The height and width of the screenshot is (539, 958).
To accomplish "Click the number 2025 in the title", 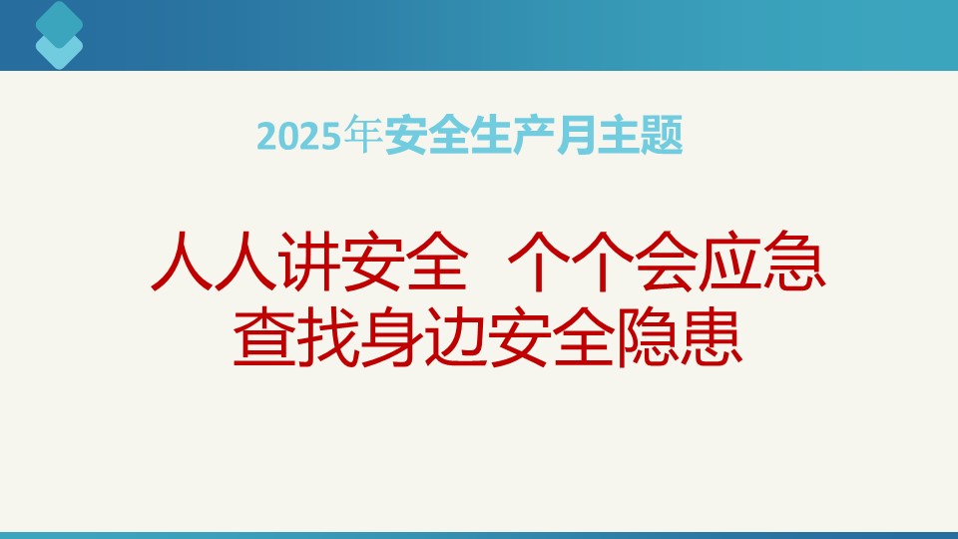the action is [298, 136].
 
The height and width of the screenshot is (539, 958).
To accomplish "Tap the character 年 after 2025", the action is [362, 134].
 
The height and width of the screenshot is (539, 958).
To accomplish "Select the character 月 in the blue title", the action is [575, 135].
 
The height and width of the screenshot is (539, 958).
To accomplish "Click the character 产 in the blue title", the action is [533, 135].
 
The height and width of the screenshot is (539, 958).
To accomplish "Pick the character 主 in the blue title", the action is [618, 135].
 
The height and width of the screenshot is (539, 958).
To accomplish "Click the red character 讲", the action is [309, 261].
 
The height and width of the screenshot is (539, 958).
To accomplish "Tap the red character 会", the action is [666, 261].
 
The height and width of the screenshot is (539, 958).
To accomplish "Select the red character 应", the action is [730, 261].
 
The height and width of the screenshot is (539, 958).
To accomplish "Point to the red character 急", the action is [794, 261].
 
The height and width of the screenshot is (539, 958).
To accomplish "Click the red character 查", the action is [264, 337].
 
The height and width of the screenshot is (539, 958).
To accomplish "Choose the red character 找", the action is [328, 337].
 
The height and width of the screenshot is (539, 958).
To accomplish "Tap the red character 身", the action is [392, 337].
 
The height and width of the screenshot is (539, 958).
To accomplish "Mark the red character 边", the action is [456, 337].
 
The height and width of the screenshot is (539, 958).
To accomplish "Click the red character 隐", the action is [648, 337].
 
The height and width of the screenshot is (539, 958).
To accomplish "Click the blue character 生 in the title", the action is [490, 135].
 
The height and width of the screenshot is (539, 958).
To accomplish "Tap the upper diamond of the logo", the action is [59, 23].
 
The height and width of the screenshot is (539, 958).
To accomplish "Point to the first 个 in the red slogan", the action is [540, 261].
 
